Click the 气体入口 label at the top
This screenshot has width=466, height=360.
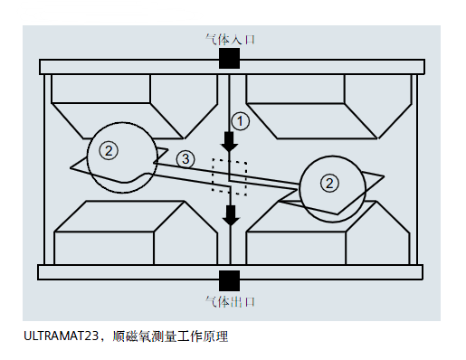pyautogui.click(x=231, y=40)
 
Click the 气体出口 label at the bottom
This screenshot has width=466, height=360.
pyautogui.click(x=231, y=300)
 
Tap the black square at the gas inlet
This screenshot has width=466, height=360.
pyautogui.click(x=230, y=59)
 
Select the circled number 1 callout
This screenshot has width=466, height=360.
pyautogui.click(x=239, y=119)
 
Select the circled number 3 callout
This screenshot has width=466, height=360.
pyautogui.click(x=185, y=159)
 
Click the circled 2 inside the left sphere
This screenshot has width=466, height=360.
pyautogui.click(x=109, y=151)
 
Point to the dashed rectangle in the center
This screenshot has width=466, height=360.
pyautogui.click(x=230, y=175)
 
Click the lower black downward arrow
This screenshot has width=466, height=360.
pyautogui.click(x=231, y=214)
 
